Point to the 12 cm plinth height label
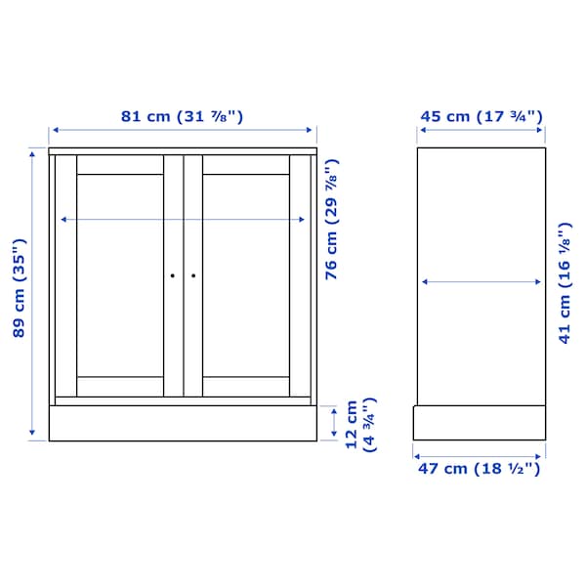click(x=360, y=424)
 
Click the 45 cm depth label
click(x=481, y=116)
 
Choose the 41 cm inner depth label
click(x=565, y=283)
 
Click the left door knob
click(x=173, y=276)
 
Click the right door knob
click(x=192, y=276)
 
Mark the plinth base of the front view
click(x=184, y=422)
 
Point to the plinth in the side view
click(x=479, y=423)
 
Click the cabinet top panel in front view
click(x=184, y=150)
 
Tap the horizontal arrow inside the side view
click(x=481, y=282)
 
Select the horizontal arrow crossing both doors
click(x=184, y=221)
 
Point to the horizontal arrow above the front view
click(x=184, y=130)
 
